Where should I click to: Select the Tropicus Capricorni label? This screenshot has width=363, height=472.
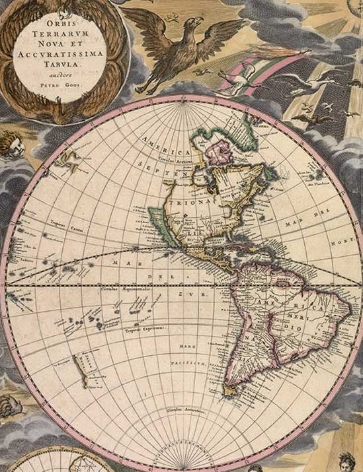[146, 327]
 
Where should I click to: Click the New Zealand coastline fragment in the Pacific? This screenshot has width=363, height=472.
[82, 370]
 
